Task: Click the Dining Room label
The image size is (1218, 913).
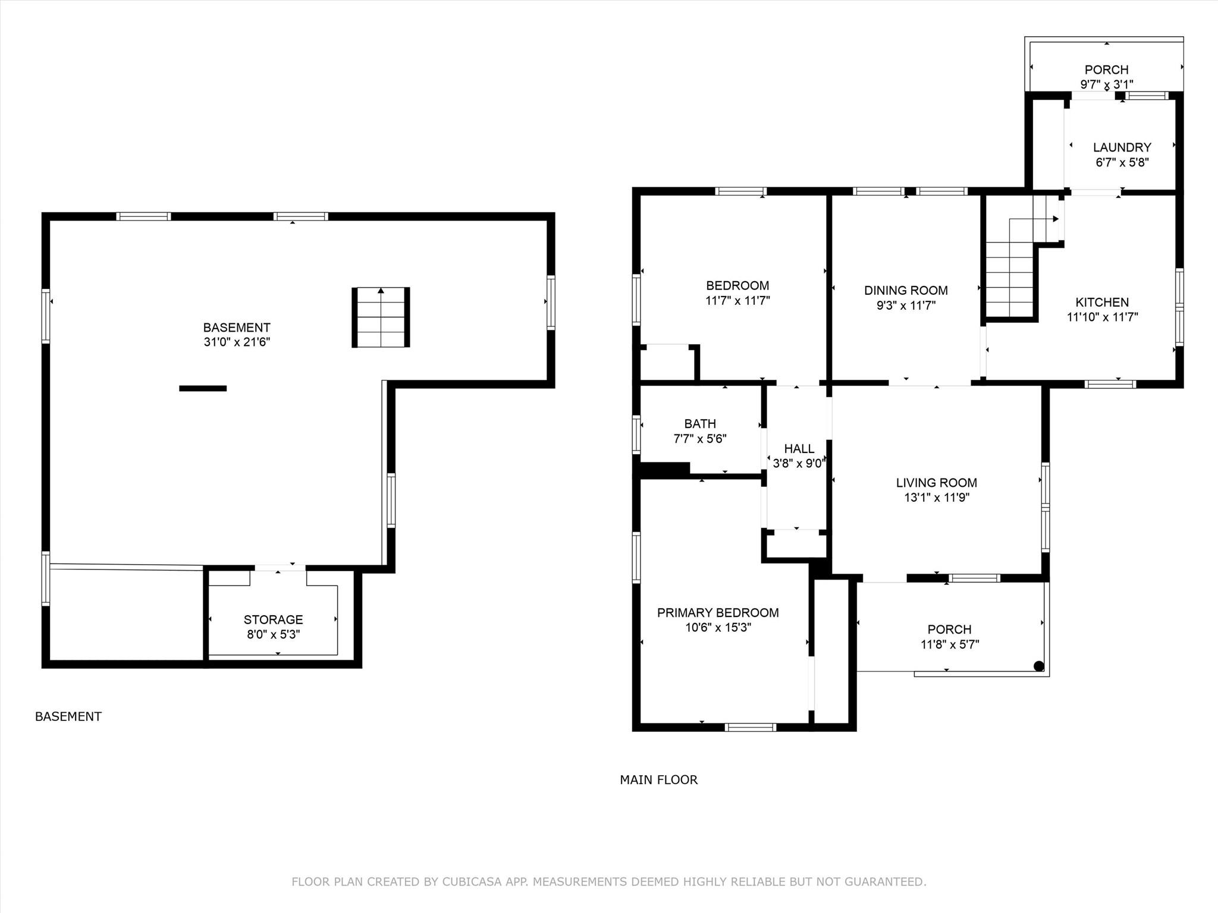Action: (906, 291)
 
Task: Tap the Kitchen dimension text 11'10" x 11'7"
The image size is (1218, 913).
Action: (1103, 317)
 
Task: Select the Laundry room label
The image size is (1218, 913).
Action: (1122, 147)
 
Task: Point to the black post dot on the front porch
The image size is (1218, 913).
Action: (1039, 666)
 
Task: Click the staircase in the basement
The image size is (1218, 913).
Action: (381, 317)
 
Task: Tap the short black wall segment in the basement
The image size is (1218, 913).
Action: (203, 389)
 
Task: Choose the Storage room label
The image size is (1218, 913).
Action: (274, 619)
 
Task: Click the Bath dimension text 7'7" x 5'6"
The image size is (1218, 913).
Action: (700, 439)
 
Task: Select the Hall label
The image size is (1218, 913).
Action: (799, 449)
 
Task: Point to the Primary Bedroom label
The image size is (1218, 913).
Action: (718, 613)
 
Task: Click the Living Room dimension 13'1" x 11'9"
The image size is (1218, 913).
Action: (937, 498)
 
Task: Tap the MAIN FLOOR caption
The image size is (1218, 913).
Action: (659, 780)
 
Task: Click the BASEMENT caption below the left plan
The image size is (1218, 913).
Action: (68, 717)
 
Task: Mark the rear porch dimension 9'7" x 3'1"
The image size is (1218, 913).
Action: (1107, 85)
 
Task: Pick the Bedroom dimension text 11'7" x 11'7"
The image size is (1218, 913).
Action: (737, 301)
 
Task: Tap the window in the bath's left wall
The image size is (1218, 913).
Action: (636, 435)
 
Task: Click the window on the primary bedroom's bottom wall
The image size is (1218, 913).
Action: (751, 727)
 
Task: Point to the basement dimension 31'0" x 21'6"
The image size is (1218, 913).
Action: (237, 342)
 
